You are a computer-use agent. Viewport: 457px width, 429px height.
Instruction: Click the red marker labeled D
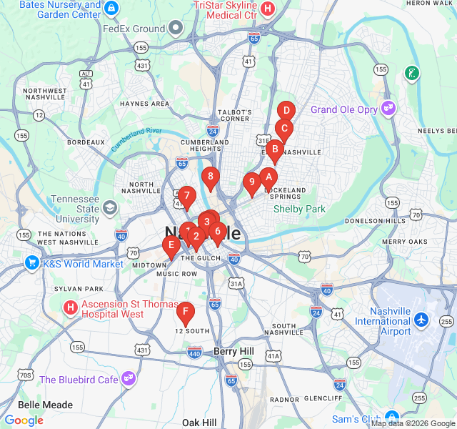point(286,111)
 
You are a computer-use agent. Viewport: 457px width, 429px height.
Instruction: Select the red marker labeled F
point(186,311)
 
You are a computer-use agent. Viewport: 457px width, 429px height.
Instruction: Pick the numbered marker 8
point(209,176)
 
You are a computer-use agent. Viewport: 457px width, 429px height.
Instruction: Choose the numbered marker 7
point(186,194)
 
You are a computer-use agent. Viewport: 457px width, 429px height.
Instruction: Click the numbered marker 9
point(251,182)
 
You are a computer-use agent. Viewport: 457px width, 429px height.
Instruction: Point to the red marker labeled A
point(268,176)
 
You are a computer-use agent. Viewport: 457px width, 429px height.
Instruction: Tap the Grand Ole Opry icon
point(388,109)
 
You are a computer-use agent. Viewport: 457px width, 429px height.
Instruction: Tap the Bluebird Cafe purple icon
point(129,379)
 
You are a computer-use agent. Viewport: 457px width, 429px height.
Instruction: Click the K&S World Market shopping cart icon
point(32,264)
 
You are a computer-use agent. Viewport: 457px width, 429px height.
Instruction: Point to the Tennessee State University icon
point(110,208)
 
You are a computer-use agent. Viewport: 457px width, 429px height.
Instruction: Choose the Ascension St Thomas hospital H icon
point(71,308)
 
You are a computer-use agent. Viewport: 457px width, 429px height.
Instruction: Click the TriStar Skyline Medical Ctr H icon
point(268,9)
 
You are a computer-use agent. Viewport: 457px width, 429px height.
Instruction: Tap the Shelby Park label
point(299,209)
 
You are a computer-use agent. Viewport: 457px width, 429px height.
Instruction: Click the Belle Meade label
point(46,405)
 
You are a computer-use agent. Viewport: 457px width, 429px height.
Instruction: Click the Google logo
point(24,420)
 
